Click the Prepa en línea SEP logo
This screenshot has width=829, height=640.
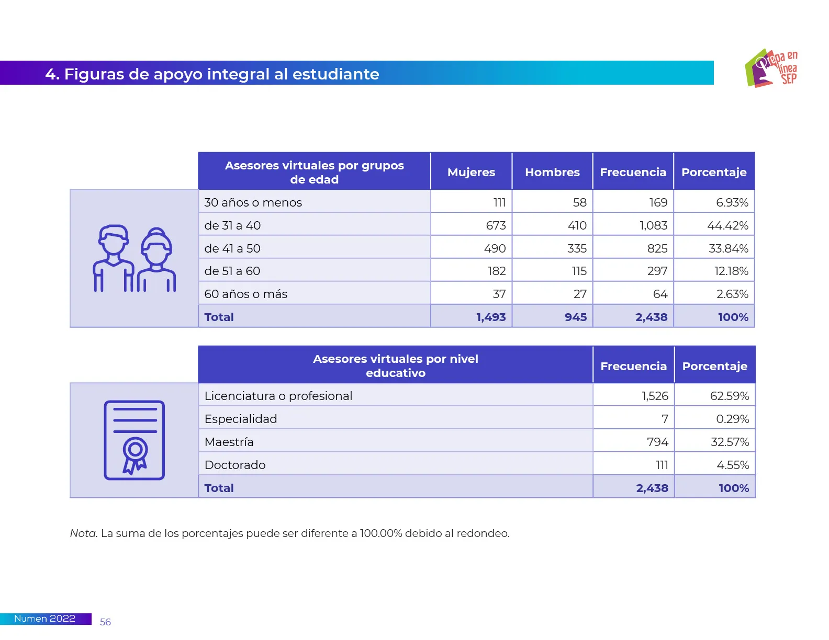tap(771, 68)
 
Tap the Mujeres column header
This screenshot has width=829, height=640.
tap(471, 172)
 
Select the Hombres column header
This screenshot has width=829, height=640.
tap(552, 172)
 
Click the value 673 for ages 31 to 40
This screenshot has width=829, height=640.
tap(496, 225)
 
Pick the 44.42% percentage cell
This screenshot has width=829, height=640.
tap(727, 225)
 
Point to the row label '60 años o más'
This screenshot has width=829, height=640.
tap(245, 294)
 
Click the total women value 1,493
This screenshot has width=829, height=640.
tap(491, 317)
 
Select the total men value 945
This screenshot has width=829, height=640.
tap(575, 317)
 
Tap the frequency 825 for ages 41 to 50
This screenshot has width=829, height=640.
tap(657, 248)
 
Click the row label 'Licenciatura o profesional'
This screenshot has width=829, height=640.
tap(278, 396)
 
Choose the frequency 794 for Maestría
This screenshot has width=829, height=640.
tap(657, 442)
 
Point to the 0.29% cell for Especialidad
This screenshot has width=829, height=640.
tap(732, 419)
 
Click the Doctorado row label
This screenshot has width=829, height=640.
tap(235, 465)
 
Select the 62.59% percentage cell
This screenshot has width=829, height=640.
tap(729, 396)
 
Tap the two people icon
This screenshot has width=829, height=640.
tap(135, 258)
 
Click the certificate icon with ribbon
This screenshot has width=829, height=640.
tap(135, 440)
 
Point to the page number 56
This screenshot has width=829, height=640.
tap(105, 622)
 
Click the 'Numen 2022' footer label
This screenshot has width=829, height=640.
tap(44, 619)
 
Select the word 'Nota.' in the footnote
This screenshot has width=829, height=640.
tap(84, 533)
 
